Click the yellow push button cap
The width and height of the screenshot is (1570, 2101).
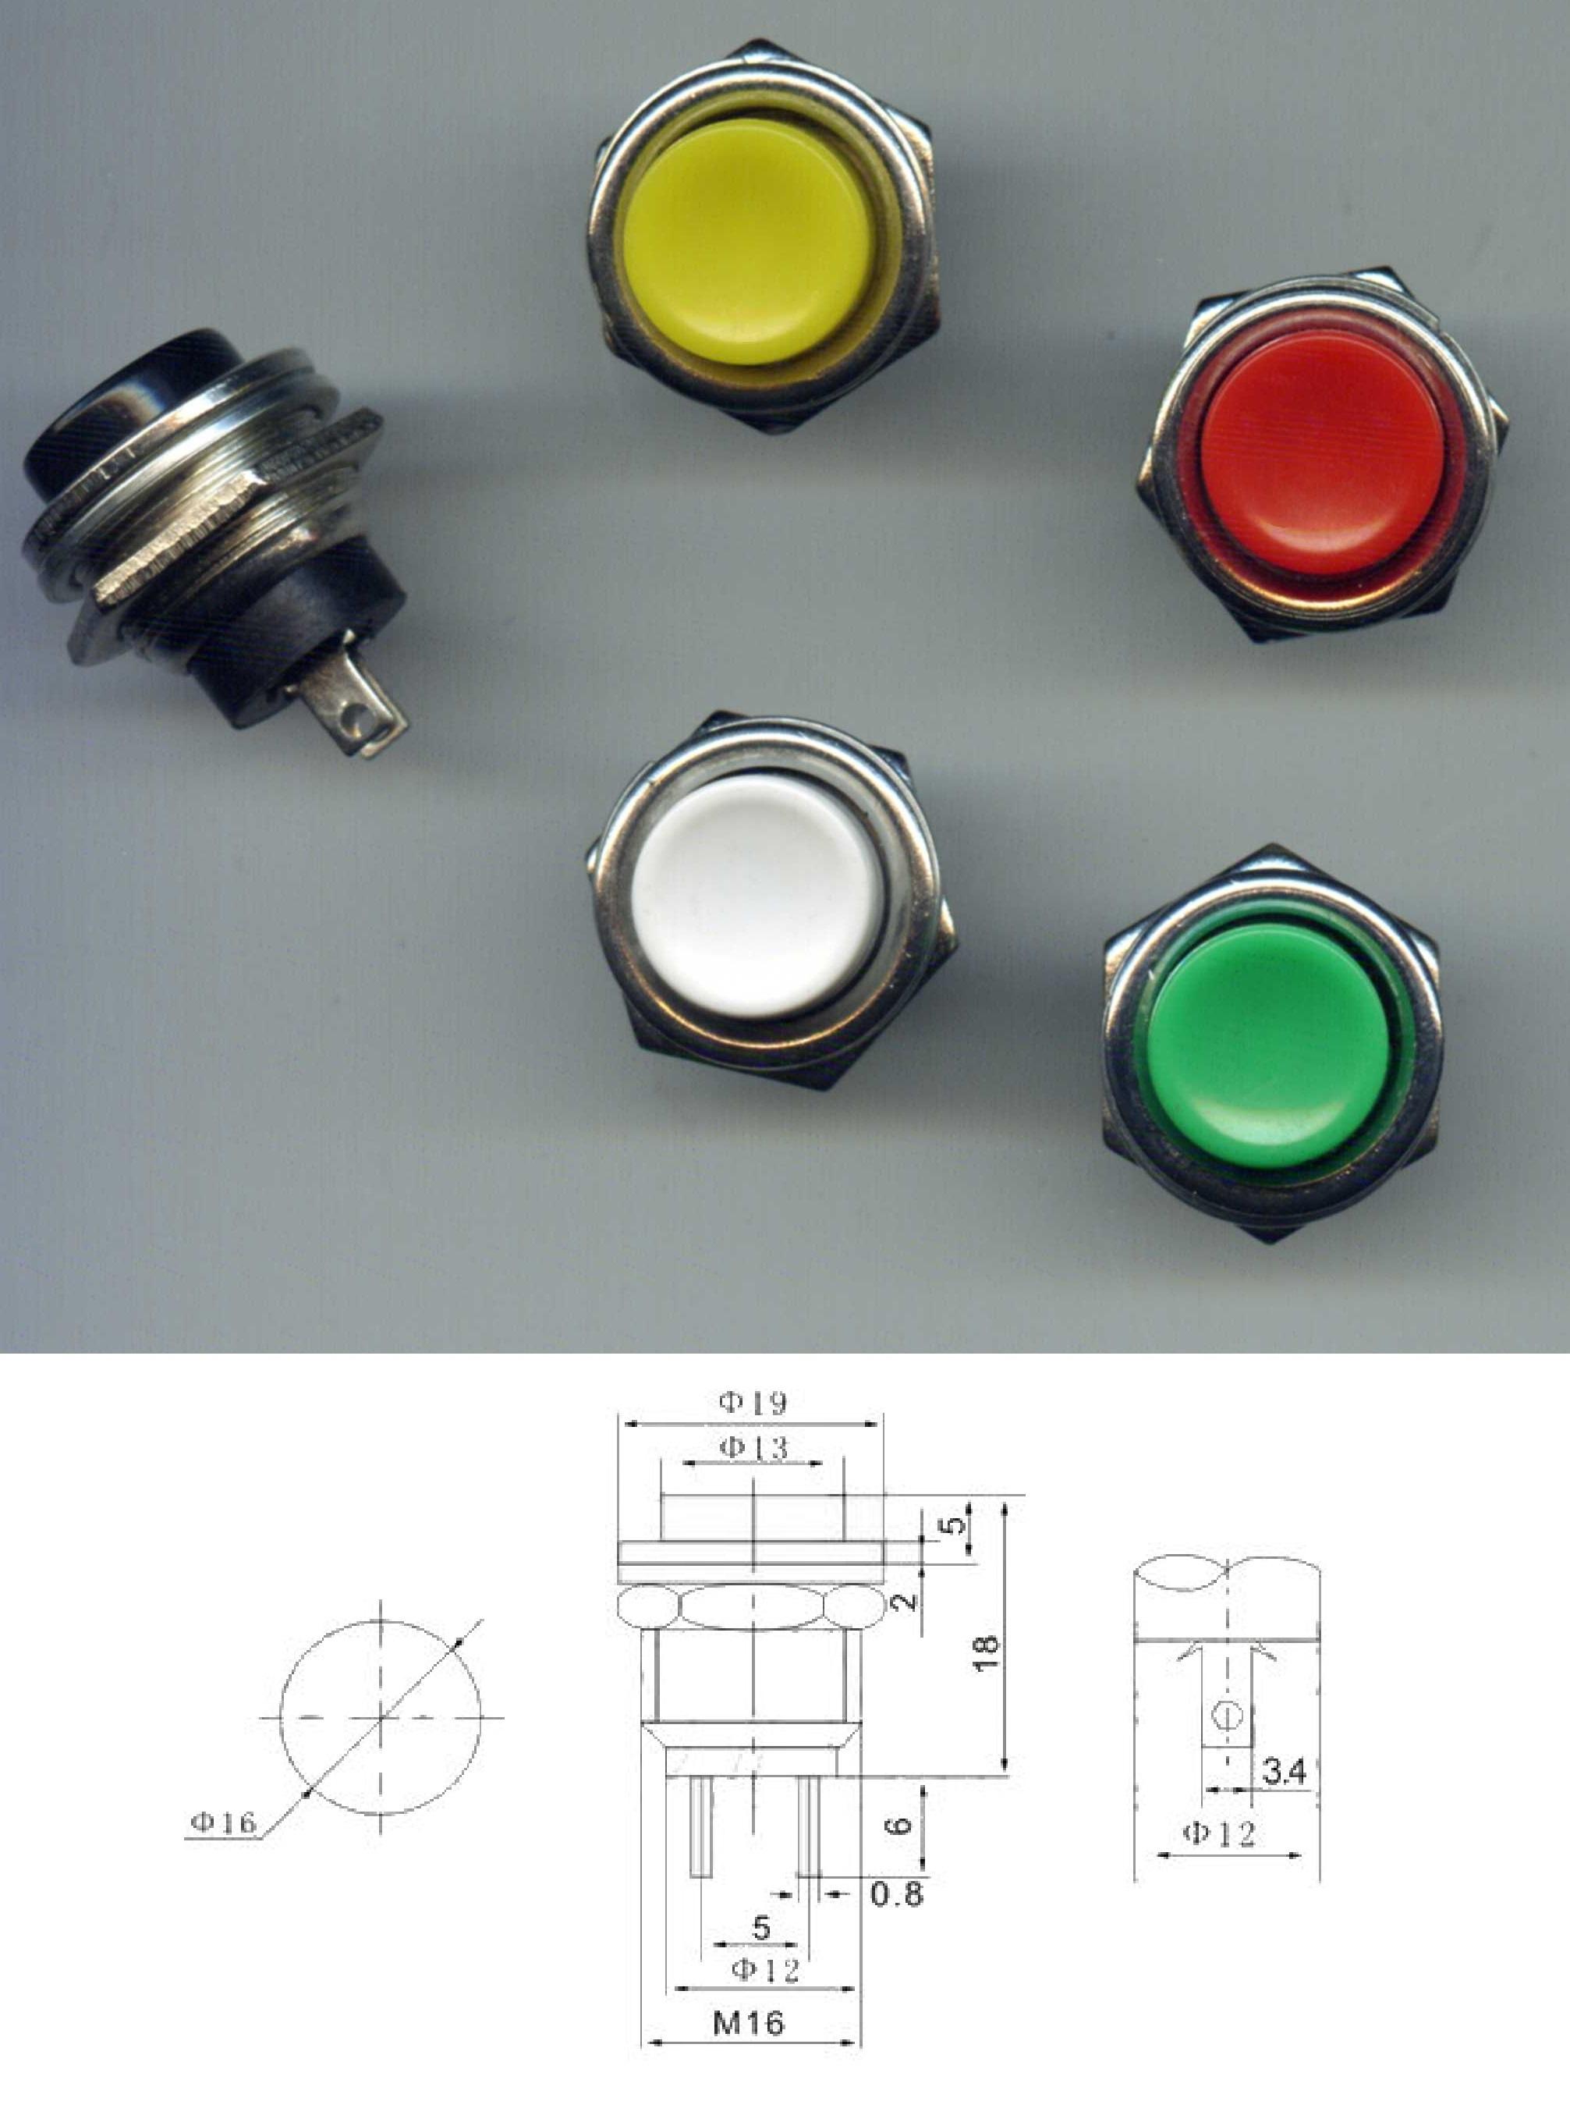pos(746,241)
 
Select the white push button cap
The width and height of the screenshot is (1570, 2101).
pos(758,895)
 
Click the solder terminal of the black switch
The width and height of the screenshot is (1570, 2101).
pos(358,704)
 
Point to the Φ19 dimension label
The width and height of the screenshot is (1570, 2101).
pos(752,1403)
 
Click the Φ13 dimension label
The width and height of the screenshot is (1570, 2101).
pos(754,1449)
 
